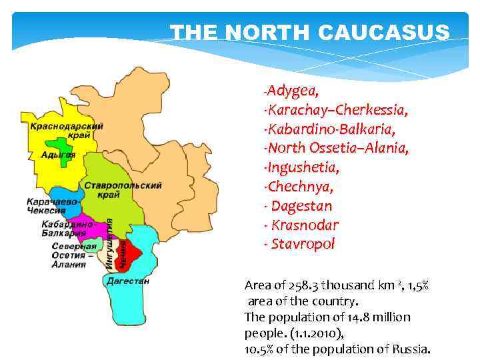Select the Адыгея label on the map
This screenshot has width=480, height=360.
point(58,155)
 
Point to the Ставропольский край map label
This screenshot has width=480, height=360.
point(123,189)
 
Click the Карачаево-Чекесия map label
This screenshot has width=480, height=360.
point(53,206)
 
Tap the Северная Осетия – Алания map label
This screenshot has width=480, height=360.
point(69,255)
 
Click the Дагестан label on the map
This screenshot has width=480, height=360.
point(128,281)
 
